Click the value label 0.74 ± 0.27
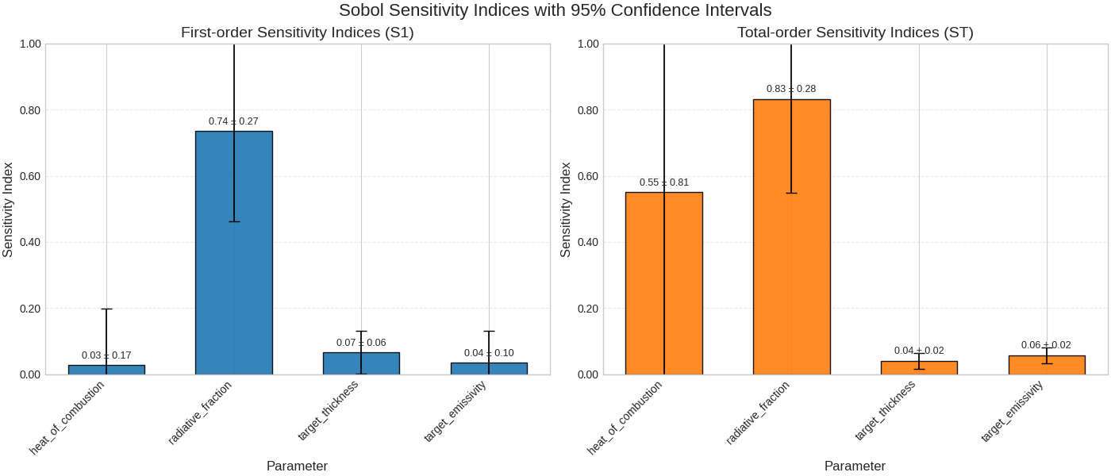point(233,121)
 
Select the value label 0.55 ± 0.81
point(664,182)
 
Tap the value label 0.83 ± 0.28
point(791,89)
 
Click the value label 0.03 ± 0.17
point(106,355)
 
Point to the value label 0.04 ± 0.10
point(489,353)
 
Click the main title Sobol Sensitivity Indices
point(555,10)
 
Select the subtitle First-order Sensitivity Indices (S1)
point(298,33)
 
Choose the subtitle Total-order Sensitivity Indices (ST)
point(855,33)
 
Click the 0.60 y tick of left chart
point(29,176)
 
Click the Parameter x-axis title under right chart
point(855,466)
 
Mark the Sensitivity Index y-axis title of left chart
point(8,209)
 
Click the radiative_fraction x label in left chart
point(202,413)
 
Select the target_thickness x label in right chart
point(886,411)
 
